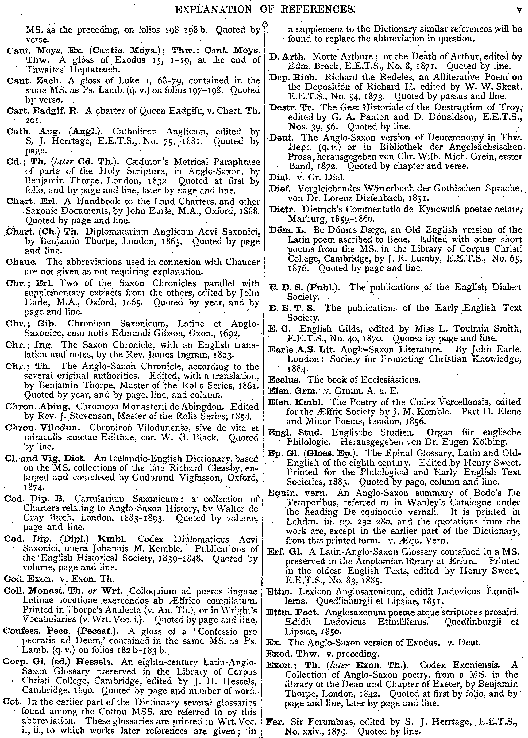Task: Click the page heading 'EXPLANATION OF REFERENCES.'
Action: click(x=265, y=10)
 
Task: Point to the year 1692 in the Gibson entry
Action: click(x=229, y=333)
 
